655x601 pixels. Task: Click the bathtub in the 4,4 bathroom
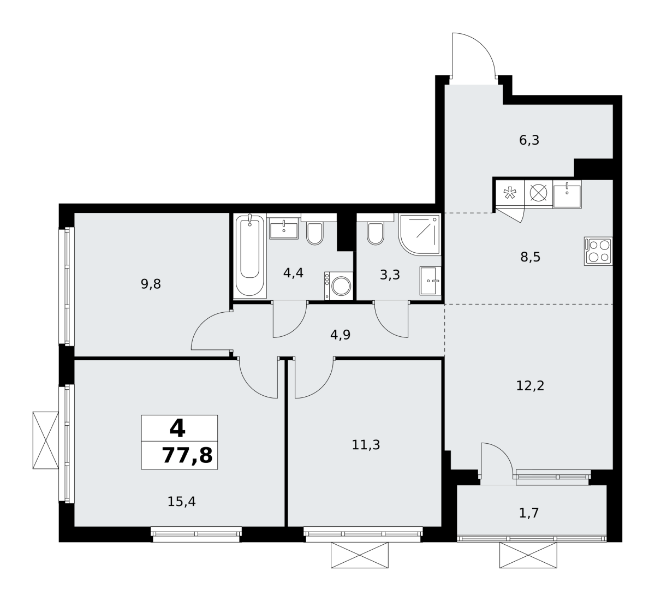250,255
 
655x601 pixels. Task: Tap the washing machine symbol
338,286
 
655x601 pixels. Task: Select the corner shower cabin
420,235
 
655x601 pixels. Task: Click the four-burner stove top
598,251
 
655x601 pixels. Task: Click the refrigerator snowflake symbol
510,193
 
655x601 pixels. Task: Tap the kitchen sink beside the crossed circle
567,194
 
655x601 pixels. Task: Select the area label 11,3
366,445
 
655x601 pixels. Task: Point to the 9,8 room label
151,284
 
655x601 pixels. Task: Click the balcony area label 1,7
528,513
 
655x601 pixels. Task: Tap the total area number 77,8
187,456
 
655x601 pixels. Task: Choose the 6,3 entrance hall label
529,140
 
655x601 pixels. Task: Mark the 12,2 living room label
530,386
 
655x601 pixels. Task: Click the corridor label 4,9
340,335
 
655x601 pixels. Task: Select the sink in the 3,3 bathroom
430,281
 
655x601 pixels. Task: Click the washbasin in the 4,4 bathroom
284,228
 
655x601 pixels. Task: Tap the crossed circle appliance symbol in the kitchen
538,193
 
